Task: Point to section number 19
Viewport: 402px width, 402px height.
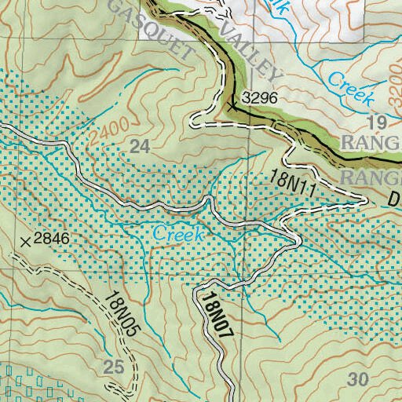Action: (x=378, y=122)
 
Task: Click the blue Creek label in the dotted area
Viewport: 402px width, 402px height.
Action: (x=178, y=234)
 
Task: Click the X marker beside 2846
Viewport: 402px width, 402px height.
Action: (x=27, y=242)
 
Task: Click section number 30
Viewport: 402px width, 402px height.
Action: (x=357, y=380)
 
